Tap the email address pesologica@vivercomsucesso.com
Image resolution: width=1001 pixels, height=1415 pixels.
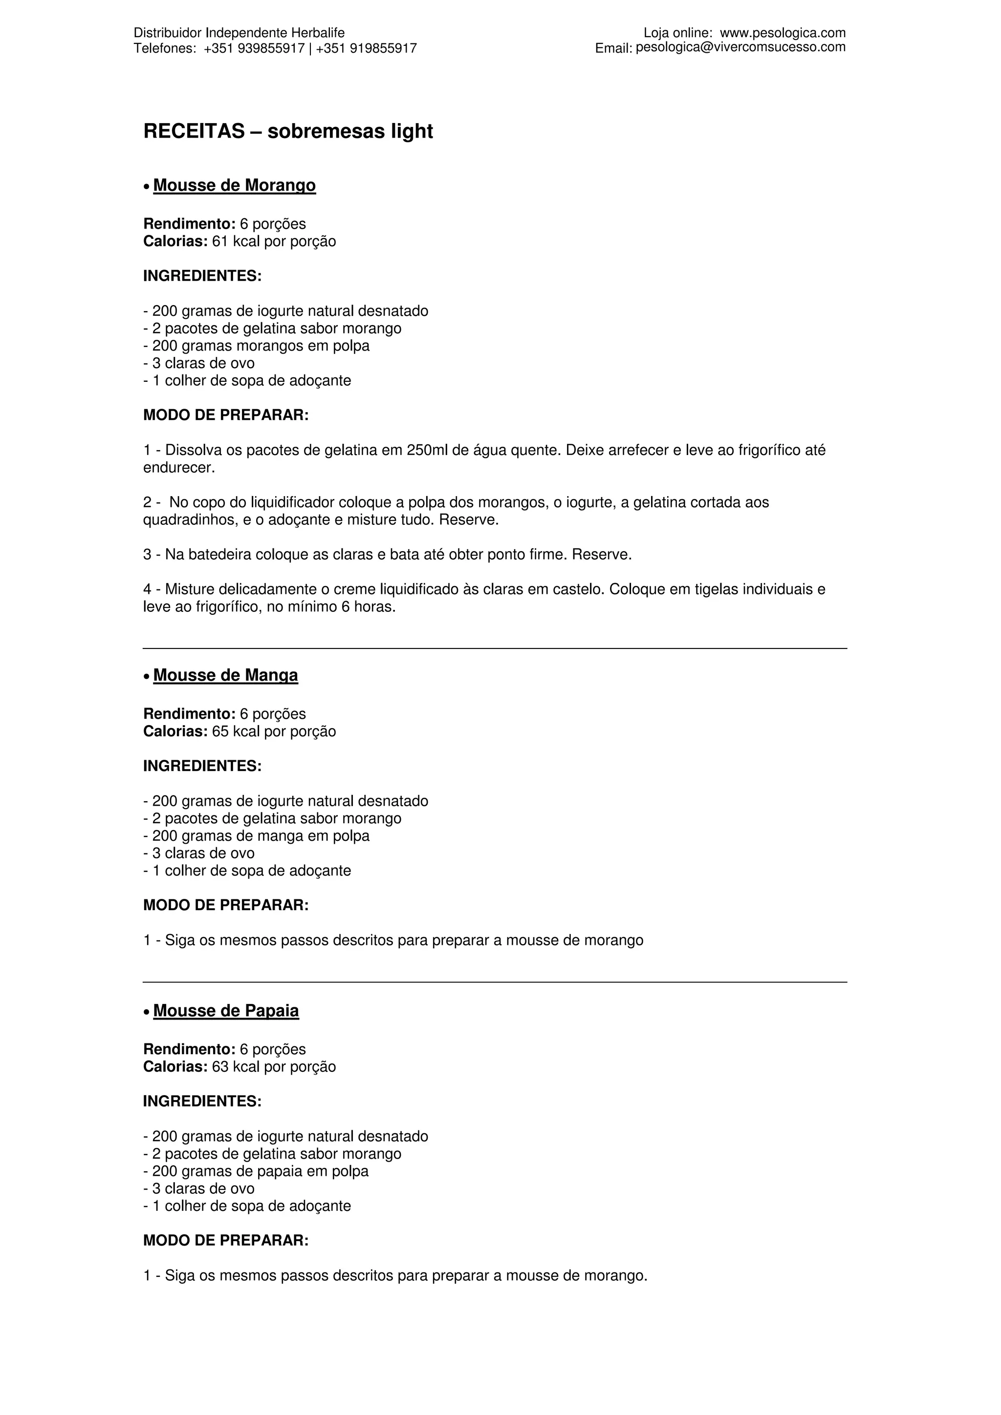[740, 47]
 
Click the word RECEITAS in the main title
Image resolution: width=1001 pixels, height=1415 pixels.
[194, 131]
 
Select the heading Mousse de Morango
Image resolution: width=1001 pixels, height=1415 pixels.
[235, 186]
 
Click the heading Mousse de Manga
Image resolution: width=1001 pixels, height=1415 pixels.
[225, 675]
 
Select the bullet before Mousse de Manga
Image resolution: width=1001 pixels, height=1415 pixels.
[146, 677]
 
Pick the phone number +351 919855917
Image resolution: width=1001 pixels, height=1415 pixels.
[367, 48]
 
